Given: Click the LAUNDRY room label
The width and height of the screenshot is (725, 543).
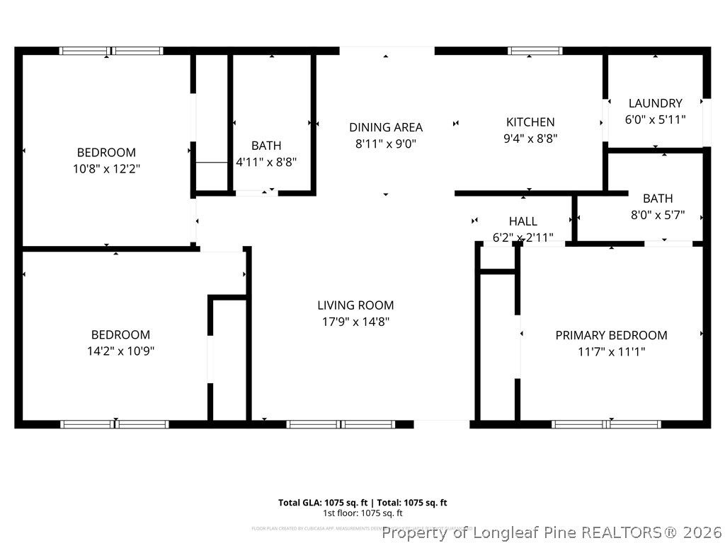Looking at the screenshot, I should pos(655,103).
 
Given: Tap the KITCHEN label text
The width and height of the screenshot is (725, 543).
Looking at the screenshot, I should pos(530,122).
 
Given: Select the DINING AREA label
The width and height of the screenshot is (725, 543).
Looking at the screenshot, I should pos(386,127).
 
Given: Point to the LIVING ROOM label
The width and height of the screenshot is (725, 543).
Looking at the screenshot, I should pos(355,305).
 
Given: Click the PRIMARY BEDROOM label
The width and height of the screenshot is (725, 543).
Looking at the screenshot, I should pos(611,335).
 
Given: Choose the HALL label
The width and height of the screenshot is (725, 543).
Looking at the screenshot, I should pos(523,221).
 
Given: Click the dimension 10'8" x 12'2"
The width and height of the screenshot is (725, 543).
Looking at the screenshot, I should pos(106,169).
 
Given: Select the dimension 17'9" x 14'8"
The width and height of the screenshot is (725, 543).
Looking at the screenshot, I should pos(355,322).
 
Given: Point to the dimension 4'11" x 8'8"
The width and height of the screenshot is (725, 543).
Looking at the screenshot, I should pos(266,162).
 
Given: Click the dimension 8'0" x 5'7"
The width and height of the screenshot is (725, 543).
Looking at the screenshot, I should pos(658,215).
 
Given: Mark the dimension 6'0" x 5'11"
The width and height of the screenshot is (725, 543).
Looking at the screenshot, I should pos(655,119).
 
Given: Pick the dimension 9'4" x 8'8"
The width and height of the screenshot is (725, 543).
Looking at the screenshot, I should pos(530,139).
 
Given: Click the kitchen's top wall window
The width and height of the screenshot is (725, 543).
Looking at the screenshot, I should pos(535,51).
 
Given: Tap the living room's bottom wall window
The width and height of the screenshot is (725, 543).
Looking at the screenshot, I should pos(341,424).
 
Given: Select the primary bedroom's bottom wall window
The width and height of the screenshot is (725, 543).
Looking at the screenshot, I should pos(607,424).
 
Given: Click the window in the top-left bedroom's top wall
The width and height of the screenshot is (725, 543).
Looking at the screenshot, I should pos(111,51).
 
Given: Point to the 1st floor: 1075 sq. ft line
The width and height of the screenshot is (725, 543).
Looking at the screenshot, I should pos(362,513).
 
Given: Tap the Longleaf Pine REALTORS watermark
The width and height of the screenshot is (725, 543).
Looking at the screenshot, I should pos(552,532).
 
